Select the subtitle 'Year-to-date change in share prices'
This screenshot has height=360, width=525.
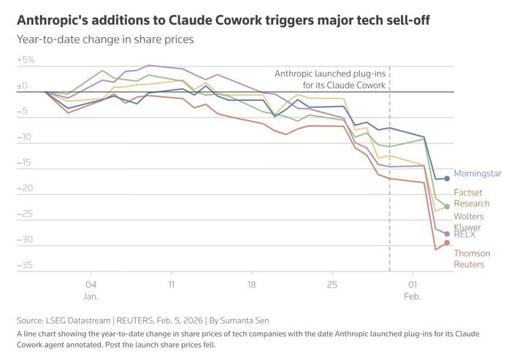(105, 39)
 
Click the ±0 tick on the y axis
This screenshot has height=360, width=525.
(24, 85)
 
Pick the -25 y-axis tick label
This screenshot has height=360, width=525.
(25, 213)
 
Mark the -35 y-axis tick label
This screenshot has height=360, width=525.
(25, 264)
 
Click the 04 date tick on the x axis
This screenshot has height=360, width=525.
(91, 284)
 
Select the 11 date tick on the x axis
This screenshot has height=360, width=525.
(171, 284)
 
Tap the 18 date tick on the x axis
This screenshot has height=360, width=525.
(251, 284)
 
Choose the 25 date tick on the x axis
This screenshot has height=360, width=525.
(332, 284)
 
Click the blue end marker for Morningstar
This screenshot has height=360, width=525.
(447, 178)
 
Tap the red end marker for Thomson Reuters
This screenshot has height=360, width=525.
(447, 243)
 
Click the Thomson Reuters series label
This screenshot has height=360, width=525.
(472, 258)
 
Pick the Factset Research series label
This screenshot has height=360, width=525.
(472, 198)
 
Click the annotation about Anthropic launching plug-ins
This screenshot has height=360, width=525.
(329, 79)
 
